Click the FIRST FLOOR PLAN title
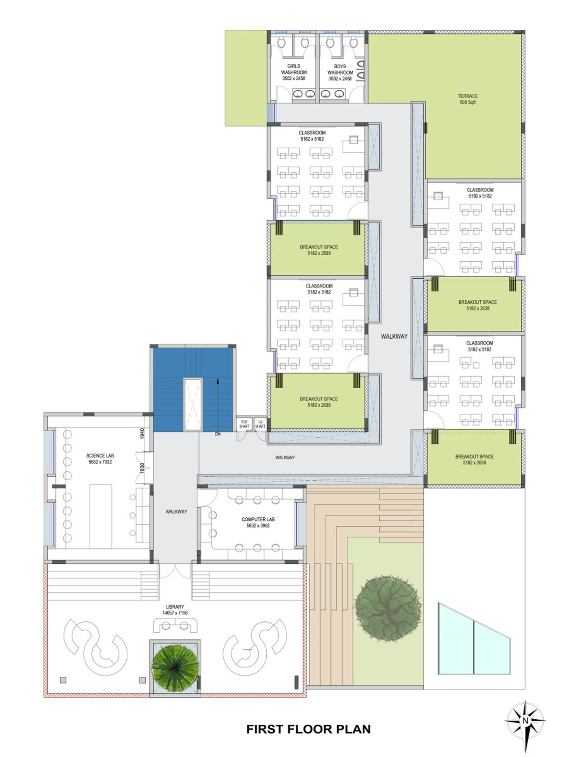[308, 729]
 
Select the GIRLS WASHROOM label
[294, 72]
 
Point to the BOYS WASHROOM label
[340, 72]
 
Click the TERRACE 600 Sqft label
[468, 99]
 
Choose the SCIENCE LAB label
[100, 459]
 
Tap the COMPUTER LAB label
[258, 522]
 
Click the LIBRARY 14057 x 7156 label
[175, 609]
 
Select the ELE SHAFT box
[244, 424]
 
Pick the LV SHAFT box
[260, 424]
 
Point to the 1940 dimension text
[142, 433]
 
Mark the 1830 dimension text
[142, 468]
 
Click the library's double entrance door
[175, 571]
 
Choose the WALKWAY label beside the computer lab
[176, 512]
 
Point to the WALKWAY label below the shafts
[285, 457]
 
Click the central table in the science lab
[101, 516]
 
